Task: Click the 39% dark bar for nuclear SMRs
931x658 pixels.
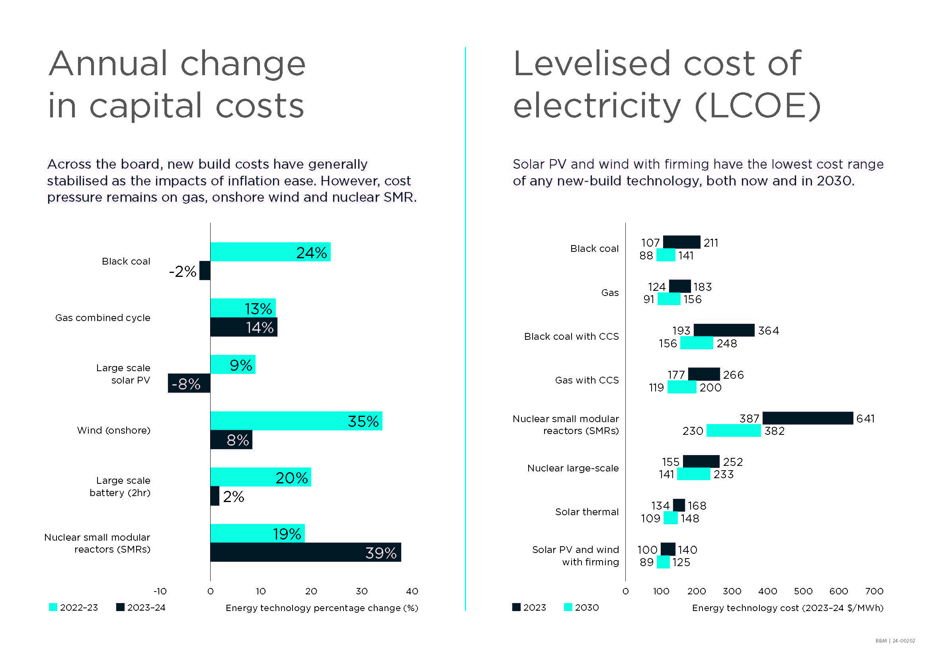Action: [x=305, y=552]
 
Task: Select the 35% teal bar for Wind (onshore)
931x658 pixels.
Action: [x=296, y=420]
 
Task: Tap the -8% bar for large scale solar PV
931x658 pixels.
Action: [x=189, y=383]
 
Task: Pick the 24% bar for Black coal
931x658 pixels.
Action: [x=270, y=251]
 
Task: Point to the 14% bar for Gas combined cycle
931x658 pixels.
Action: [x=244, y=327]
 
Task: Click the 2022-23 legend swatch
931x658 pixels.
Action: [x=53, y=607]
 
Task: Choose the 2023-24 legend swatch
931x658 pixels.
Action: [x=120, y=607]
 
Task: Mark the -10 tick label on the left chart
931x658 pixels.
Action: [x=160, y=591]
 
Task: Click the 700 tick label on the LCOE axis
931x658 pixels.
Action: [x=874, y=591]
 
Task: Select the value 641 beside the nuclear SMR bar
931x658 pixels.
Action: [x=865, y=418]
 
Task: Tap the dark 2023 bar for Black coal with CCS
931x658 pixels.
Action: [x=724, y=330]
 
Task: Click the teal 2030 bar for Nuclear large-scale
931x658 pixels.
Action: [x=693, y=474]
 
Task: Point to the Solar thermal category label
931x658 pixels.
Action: [x=587, y=512]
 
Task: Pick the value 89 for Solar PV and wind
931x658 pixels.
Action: [x=646, y=562]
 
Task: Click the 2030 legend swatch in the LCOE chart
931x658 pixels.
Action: [x=568, y=607]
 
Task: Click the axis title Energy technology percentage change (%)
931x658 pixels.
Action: [x=322, y=608]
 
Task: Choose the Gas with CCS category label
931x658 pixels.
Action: [x=587, y=380]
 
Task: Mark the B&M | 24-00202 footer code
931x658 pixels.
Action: [x=895, y=640]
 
